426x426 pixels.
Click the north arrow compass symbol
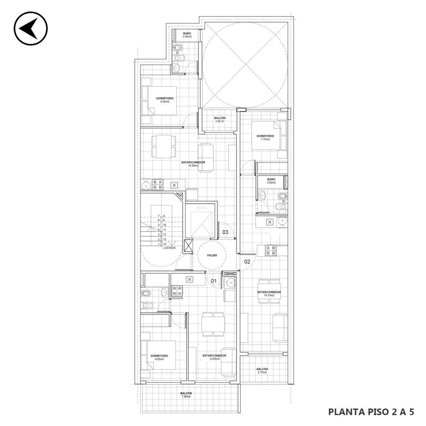[x=31, y=28]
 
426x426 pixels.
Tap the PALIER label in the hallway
[x=212, y=255]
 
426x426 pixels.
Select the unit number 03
[x=225, y=232]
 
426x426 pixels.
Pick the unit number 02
[x=247, y=262]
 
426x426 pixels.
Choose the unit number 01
[x=214, y=281]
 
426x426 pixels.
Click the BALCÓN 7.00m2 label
[x=186, y=395]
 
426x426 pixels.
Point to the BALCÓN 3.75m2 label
[x=262, y=371]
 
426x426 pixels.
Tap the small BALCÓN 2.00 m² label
[x=220, y=120]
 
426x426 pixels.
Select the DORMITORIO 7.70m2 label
[x=265, y=137]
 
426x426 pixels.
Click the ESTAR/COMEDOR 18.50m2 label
[x=193, y=164]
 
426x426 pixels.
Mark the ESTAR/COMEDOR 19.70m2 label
[x=269, y=294]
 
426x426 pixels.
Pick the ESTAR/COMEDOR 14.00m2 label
[x=215, y=357]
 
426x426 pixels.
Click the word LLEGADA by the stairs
[x=169, y=248]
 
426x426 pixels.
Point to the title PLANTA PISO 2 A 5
[x=371, y=412]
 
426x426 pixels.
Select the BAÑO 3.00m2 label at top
[x=187, y=35]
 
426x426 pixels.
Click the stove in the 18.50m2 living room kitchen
[x=158, y=184]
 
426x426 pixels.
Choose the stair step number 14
[x=165, y=244]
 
